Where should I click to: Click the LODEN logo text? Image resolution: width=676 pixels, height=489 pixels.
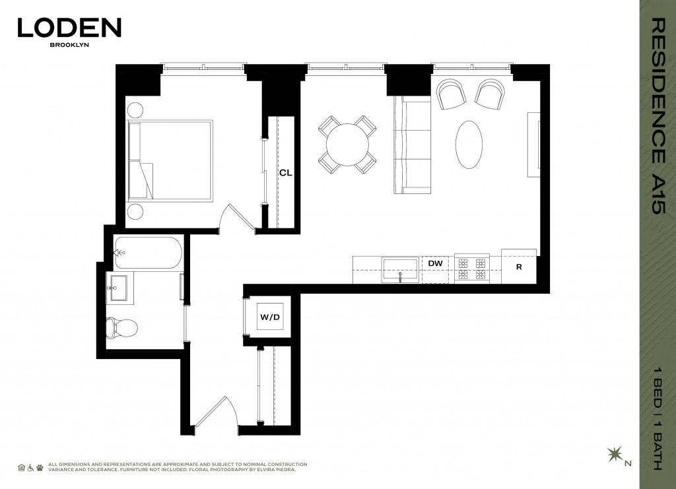pyautogui.click(x=69, y=28)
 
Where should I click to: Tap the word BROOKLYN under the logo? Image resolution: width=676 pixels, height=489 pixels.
pyautogui.click(x=69, y=44)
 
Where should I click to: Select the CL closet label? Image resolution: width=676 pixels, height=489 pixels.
pyautogui.click(x=285, y=173)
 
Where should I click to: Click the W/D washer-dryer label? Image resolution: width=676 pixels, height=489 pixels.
pyautogui.click(x=270, y=317)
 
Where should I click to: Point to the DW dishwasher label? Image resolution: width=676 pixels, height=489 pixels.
pyautogui.click(x=435, y=263)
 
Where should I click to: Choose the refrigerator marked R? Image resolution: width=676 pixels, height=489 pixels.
pyautogui.click(x=519, y=266)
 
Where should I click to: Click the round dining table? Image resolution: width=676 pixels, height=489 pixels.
pyautogui.click(x=347, y=145)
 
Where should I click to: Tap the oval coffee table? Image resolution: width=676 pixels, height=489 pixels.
pyautogui.click(x=469, y=145)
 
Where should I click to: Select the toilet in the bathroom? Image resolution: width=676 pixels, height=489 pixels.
pyautogui.click(x=121, y=327)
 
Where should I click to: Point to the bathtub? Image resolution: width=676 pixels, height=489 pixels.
pyautogui.click(x=148, y=253)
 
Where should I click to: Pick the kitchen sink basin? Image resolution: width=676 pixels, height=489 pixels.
pyautogui.click(x=399, y=270)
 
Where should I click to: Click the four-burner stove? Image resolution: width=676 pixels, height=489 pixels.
pyautogui.click(x=471, y=269)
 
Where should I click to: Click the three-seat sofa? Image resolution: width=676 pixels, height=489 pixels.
pyautogui.click(x=412, y=145)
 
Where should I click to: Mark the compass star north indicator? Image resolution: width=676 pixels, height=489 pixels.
pyautogui.click(x=615, y=455)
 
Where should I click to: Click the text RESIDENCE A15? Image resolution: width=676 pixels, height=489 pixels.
pyautogui.click(x=659, y=115)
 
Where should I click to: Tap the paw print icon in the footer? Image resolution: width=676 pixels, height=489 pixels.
pyautogui.click(x=40, y=467)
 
